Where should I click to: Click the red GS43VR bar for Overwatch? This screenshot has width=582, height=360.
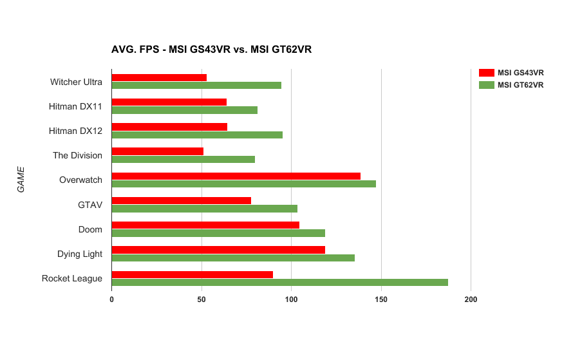point(236,176)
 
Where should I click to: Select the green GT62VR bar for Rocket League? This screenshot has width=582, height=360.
point(279,282)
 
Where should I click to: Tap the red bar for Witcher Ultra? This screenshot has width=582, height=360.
point(159,77)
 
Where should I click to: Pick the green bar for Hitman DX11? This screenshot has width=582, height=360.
point(184,110)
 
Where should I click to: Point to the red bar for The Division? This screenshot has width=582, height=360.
point(157,151)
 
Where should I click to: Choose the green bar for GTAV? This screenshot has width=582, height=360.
point(204,209)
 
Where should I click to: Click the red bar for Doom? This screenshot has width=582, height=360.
point(205,225)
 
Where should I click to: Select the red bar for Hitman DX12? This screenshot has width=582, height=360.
point(169,127)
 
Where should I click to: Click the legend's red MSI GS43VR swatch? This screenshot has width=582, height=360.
point(487,72)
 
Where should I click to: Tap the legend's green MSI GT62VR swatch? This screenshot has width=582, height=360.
point(487,84)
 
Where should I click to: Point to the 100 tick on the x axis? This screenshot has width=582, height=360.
point(292,299)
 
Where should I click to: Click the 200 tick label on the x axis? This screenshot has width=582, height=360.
point(471,299)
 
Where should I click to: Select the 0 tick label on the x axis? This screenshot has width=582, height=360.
point(112,299)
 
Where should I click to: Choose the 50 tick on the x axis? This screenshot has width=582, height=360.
point(202,299)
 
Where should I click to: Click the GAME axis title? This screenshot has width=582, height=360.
point(21,180)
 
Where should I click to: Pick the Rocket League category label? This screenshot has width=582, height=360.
point(72,278)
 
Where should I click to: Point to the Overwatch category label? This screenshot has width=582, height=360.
point(80,180)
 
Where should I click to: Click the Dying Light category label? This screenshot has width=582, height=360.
point(80,254)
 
